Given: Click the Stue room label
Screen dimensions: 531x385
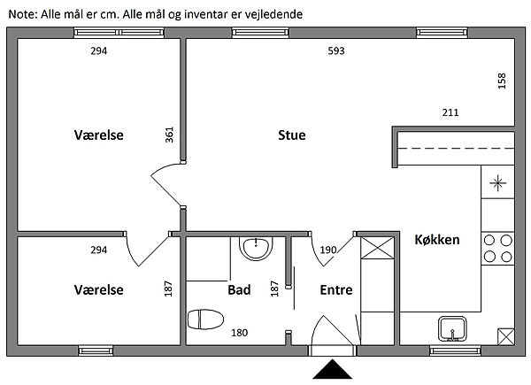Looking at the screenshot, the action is pyautogui.click(x=291, y=135).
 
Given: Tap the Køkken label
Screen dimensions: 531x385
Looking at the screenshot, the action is pyautogui.click(x=437, y=240).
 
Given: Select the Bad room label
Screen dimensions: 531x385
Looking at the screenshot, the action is pyautogui.click(x=239, y=289).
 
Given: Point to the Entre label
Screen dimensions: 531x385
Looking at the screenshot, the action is pyautogui.click(x=336, y=289).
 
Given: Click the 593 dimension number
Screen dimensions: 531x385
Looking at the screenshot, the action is pyautogui.click(x=336, y=50).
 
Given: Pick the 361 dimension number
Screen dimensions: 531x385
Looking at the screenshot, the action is pyautogui.click(x=169, y=135).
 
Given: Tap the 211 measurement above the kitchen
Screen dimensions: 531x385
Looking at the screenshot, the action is pyautogui.click(x=450, y=112).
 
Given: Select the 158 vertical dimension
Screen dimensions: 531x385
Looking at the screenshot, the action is pyautogui.click(x=502, y=81).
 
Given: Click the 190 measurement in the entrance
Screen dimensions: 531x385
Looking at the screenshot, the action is pyautogui.click(x=328, y=250).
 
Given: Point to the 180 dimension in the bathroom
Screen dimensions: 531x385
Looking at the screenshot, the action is pyautogui.click(x=240, y=333).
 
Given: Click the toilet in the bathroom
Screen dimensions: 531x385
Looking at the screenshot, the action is pyautogui.click(x=205, y=320).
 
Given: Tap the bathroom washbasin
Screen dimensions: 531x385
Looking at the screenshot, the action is pyautogui.click(x=256, y=248).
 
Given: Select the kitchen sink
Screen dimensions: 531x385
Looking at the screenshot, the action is pyautogui.click(x=452, y=328).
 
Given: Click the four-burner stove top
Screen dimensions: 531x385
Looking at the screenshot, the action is pyautogui.click(x=497, y=249).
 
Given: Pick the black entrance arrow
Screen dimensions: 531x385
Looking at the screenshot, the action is pyautogui.click(x=332, y=369).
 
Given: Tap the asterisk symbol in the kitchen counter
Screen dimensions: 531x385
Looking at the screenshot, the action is pyautogui.click(x=497, y=183).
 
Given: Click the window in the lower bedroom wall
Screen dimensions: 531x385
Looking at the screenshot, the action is pyautogui.click(x=96, y=350).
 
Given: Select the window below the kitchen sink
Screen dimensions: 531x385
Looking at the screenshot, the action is pyautogui.click(x=455, y=350).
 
